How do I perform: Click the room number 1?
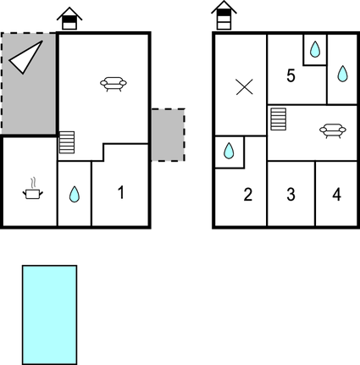point(121,192)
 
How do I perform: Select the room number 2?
point(247,195)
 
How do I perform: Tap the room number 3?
point(291,195)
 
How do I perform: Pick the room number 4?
point(336,195)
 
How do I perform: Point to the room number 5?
point(291,75)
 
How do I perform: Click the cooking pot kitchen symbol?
point(33,189)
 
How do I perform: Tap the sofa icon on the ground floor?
point(114,84)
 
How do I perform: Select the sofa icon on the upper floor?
point(333,131)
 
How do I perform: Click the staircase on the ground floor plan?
point(67,142)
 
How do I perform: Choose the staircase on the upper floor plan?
point(279,119)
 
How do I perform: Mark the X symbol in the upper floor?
point(245,87)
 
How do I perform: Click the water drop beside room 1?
point(75,194)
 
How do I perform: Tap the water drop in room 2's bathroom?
point(229,151)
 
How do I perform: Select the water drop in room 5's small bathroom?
point(315,49)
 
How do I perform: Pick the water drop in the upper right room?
point(342,74)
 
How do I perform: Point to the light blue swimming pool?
point(49,315)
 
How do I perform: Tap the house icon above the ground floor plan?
point(69,19)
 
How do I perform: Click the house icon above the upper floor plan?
point(224,15)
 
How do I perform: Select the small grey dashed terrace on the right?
point(169,135)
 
